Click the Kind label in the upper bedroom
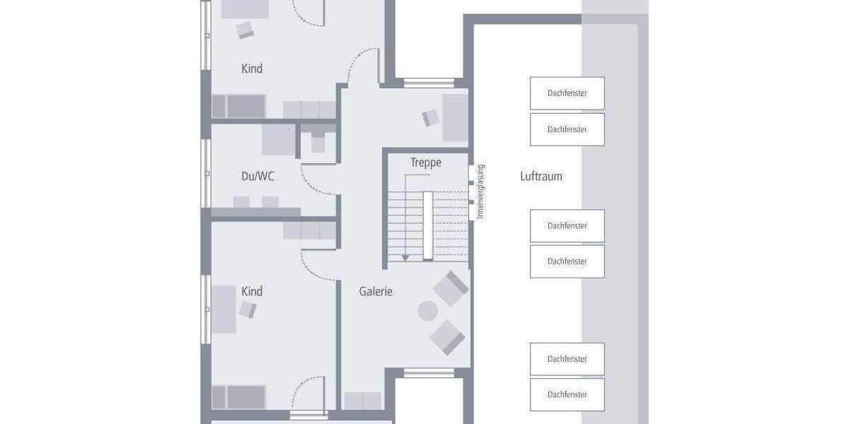tap(252, 69)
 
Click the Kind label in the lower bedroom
tap(252, 291)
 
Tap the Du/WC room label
tap(258, 176)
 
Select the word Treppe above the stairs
tap(426, 163)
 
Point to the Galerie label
tap(376, 291)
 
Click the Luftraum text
tap(541, 176)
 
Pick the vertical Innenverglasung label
tap(480, 192)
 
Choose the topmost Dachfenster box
tap(567, 93)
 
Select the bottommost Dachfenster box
tap(567, 394)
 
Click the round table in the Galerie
tap(428, 311)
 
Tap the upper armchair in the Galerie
tap(451, 288)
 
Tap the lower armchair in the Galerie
tap(447, 336)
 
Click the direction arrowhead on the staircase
tap(405, 258)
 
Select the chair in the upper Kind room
tap(246, 30)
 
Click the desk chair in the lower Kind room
tap(248, 310)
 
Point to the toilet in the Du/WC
tap(318, 141)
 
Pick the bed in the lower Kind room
tap(238, 396)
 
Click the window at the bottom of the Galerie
tap(429, 372)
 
